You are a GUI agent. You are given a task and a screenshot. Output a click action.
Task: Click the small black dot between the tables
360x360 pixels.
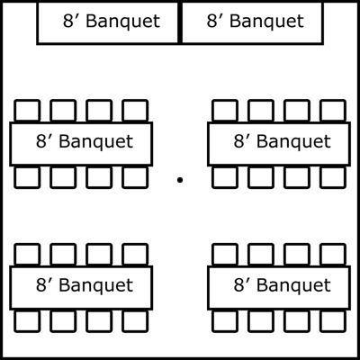click(180, 180)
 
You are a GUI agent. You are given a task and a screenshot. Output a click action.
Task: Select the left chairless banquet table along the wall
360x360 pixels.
click(108, 22)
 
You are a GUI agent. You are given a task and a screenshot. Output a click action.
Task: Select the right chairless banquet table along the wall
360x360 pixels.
click(252, 22)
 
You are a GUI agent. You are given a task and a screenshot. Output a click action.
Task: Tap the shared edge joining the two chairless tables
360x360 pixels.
click(180, 22)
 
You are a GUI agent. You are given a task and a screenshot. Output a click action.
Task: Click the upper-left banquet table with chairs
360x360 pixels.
click(81, 144)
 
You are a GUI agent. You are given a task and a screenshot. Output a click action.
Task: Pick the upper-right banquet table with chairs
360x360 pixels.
click(279, 144)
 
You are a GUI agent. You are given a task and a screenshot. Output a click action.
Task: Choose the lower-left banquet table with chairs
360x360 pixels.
click(81, 288)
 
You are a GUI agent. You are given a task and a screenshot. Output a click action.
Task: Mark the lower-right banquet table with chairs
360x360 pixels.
click(279, 288)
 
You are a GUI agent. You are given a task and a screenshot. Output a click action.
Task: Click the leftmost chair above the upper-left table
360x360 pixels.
click(27, 111)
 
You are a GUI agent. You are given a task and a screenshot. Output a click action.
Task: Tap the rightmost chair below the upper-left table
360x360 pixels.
click(135, 177)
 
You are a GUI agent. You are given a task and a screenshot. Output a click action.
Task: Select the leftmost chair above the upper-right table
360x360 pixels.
click(225, 111)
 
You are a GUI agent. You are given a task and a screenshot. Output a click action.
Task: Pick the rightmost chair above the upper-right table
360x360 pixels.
click(333, 111)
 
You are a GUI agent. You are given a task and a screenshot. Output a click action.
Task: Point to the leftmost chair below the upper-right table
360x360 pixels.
click(225, 177)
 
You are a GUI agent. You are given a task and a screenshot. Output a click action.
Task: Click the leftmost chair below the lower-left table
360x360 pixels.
click(27, 321)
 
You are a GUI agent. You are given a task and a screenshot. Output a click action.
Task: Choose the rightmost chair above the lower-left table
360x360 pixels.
click(135, 255)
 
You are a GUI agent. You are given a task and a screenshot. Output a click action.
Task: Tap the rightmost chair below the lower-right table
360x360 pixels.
click(333, 321)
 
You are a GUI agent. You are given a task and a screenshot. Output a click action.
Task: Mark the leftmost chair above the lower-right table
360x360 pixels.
click(225, 255)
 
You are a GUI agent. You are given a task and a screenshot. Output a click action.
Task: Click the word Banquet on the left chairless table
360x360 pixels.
click(123, 22)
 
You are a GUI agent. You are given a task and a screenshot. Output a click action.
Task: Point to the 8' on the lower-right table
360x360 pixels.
click(240, 284)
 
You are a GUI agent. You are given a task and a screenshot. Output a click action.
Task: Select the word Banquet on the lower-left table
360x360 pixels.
click(96, 285)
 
